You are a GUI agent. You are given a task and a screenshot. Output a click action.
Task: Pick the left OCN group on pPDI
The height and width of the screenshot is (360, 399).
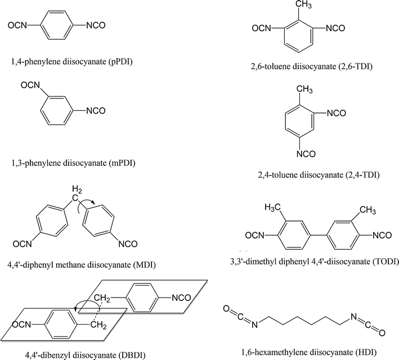point(17,25)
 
